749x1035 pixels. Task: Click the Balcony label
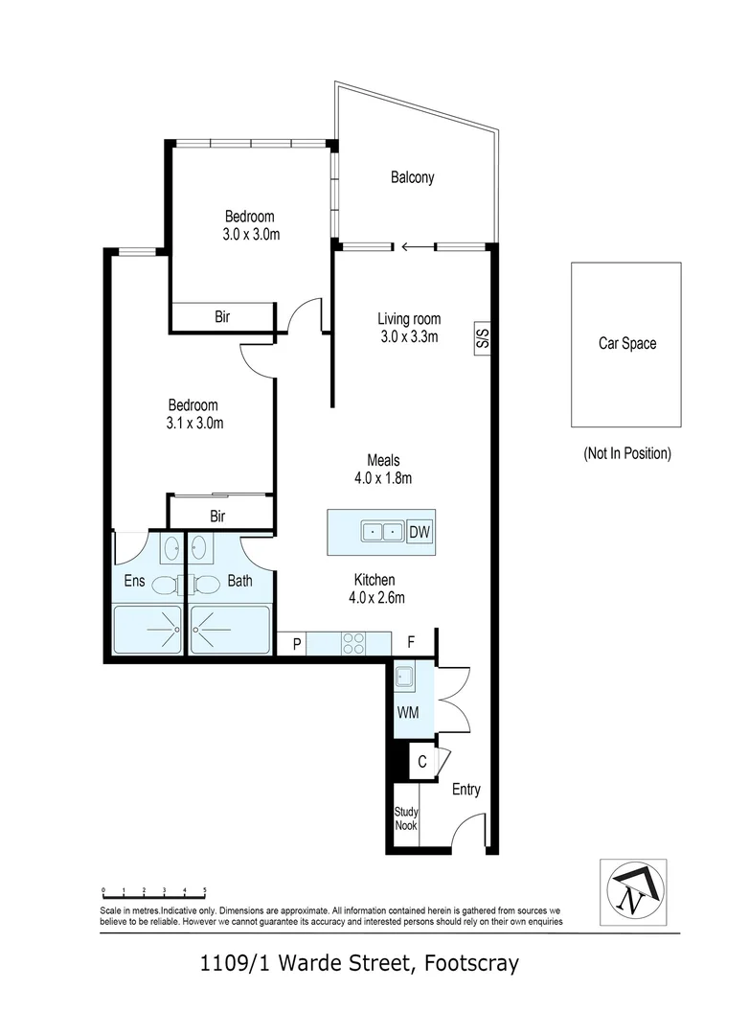point(412,177)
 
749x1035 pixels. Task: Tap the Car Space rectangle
point(626,344)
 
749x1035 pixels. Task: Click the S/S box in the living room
point(483,337)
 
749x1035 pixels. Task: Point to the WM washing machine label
point(407,713)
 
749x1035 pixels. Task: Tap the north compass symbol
point(631,888)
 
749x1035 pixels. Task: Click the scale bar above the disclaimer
point(153,892)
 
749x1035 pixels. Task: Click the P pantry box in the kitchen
point(297,644)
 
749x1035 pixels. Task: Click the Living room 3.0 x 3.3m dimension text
point(407,336)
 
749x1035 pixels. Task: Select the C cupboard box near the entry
point(421,763)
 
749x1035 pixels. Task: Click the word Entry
point(465,790)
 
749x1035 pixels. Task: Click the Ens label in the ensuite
point(134,581)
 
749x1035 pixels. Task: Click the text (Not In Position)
point(626,453)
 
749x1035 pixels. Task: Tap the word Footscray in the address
point(467,963)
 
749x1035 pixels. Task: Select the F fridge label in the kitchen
point(411,643)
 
